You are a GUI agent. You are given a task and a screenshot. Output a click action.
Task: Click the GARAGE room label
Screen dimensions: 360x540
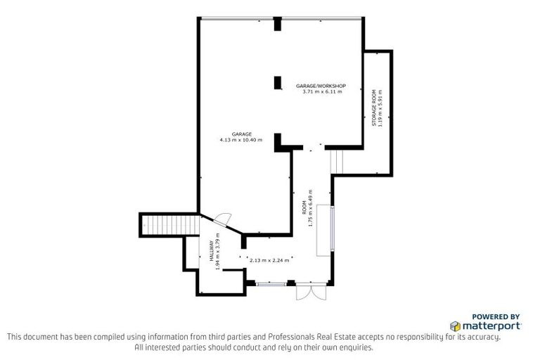click(x=240, y=134)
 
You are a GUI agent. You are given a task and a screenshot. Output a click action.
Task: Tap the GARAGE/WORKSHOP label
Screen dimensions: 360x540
click(x=320, y=85)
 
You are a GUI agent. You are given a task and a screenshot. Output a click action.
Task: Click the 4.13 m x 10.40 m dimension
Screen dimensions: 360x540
click(x=240, y=141)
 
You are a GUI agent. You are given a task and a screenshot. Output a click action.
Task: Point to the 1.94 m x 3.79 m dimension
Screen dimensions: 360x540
click(x=218, y=251)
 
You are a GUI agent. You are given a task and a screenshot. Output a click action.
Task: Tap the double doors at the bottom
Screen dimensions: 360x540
click(x=310, y=291)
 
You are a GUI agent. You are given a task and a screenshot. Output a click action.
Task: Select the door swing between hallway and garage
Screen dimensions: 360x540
click(x=221, y=219)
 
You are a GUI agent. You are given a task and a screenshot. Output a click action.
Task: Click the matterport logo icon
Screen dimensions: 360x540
click(x=455, y=326)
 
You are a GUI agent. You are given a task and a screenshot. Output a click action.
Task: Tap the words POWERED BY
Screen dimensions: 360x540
click(x=496, y=317)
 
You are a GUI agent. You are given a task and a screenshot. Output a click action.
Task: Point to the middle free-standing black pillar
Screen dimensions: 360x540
click(x=277, y=82)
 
